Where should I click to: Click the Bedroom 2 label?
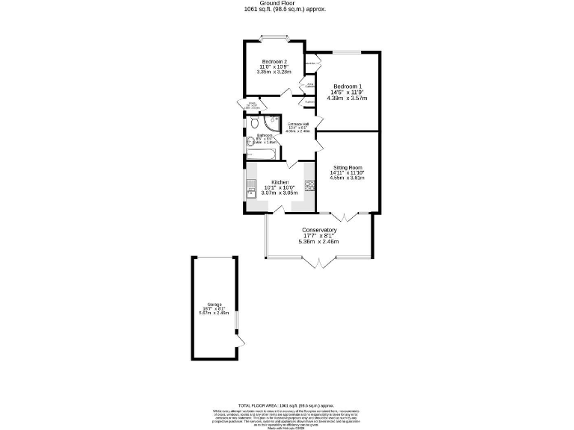274,61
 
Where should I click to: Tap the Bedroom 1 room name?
348,85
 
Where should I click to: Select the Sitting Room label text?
348,167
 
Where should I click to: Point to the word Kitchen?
280,182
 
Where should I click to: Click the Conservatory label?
318,230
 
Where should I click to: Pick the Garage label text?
214,304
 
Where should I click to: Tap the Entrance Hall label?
298,124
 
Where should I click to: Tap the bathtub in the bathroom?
262,154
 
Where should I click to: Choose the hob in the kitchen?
308,185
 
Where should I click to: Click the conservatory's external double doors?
318,262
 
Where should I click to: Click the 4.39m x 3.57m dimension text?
348,98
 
